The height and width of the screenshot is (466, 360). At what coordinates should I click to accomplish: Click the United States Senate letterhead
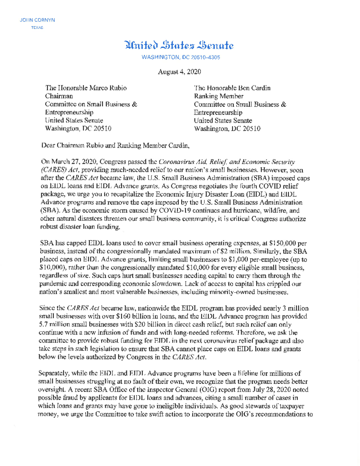pyautogui.click(x=179, y=46)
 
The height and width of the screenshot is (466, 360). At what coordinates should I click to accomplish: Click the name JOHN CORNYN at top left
pyautogui.click(x=37, y=20)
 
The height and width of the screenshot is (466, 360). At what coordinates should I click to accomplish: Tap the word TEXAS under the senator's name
pyautogui.click(x=37, y=28)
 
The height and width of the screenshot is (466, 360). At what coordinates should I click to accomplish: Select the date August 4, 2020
pyautogui.click(x=179, y=72)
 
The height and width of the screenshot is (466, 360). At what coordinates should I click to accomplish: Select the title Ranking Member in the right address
pyautogui.click(x=219, y=96)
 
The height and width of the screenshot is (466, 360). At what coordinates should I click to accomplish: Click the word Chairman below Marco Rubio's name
pyautogui.click(x=59, y=96)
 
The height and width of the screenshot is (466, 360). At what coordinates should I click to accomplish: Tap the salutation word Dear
pyautogui.click(x=48, y=146)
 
